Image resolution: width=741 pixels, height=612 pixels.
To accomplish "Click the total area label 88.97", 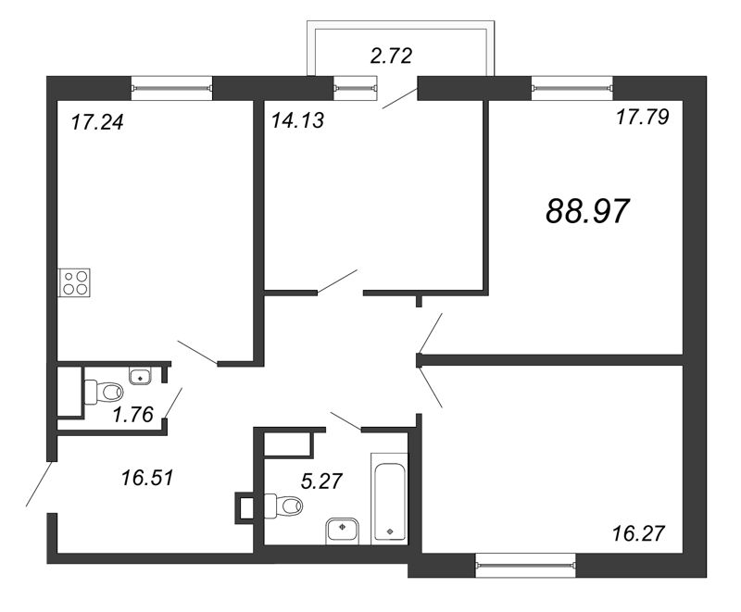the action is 587,210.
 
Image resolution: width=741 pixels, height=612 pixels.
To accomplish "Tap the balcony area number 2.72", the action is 391,56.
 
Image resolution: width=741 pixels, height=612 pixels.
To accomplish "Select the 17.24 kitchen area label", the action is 97,122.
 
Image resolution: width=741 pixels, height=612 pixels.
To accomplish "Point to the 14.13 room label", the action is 297,120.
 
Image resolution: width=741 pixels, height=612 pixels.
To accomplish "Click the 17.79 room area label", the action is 643,117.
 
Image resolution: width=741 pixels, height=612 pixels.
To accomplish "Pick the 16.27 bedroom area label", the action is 638,533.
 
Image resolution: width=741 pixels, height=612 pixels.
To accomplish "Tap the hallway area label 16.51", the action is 147,478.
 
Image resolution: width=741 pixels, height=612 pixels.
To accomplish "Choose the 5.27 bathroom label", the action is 321,481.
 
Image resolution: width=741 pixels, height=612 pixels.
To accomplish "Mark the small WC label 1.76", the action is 133,415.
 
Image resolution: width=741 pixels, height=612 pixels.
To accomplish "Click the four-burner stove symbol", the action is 74,282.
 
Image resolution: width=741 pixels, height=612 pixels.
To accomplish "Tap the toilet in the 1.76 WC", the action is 104,392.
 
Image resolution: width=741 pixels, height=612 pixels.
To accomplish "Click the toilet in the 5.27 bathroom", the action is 283,506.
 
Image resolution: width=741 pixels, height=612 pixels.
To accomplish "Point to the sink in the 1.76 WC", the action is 140,375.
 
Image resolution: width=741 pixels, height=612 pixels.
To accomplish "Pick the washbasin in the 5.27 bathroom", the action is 343,531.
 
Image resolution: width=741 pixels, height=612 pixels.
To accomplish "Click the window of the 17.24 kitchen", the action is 171,88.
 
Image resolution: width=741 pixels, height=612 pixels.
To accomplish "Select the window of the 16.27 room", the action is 525,565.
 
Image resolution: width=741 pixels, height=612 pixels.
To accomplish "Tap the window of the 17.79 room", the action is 572,88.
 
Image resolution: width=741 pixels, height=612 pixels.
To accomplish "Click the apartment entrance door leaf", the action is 39,483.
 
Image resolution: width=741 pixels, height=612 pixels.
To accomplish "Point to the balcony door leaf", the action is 400,99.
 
